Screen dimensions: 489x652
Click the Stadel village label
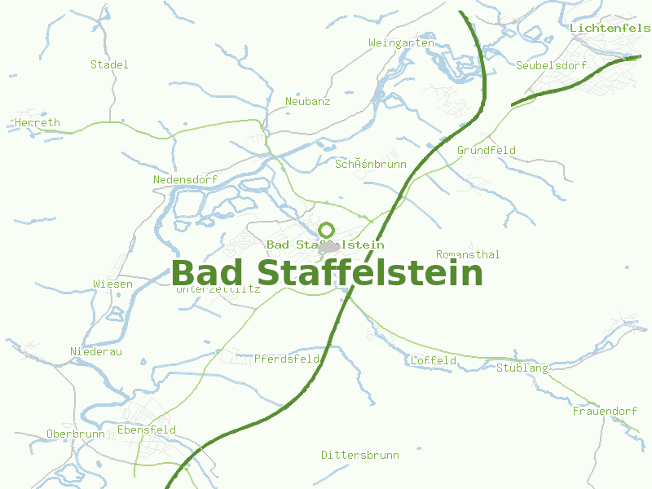point(109,64)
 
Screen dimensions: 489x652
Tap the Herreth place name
point(37,123)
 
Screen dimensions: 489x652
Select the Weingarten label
point(401,42)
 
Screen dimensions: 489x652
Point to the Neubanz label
point(308,102)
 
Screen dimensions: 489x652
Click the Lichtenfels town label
point(610,28)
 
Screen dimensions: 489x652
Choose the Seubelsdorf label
point(552,65)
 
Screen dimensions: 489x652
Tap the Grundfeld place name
point(487,151)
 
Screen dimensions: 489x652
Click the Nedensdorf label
point(185,179)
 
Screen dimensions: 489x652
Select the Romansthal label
point(468,255)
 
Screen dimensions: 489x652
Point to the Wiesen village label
point(112,284)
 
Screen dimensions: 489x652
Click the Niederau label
point(96,351)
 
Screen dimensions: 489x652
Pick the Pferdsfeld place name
point(287,359)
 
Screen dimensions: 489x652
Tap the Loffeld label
point(433,360)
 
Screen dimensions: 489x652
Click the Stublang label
point(522,368)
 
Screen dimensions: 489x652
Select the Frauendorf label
point(605,412)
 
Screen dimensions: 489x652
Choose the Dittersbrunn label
point(359,455)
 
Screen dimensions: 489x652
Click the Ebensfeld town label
point(147,430)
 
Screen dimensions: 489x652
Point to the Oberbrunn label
point(76,434)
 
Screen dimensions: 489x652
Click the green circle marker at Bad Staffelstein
point(327,230)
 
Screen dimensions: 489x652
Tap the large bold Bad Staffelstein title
point(328,273)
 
